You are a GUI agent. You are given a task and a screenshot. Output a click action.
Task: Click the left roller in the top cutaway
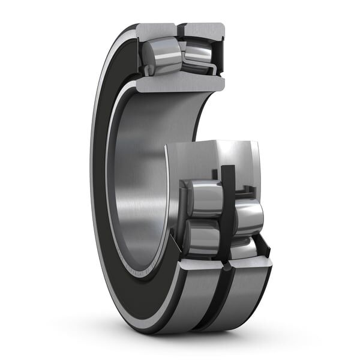tap(160, 56)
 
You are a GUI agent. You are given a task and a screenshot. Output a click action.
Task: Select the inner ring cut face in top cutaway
tap(180, 83)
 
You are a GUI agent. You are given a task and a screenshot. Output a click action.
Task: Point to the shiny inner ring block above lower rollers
tap(213, 159)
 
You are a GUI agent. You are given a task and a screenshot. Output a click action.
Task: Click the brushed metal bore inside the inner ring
tap(141, 180)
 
